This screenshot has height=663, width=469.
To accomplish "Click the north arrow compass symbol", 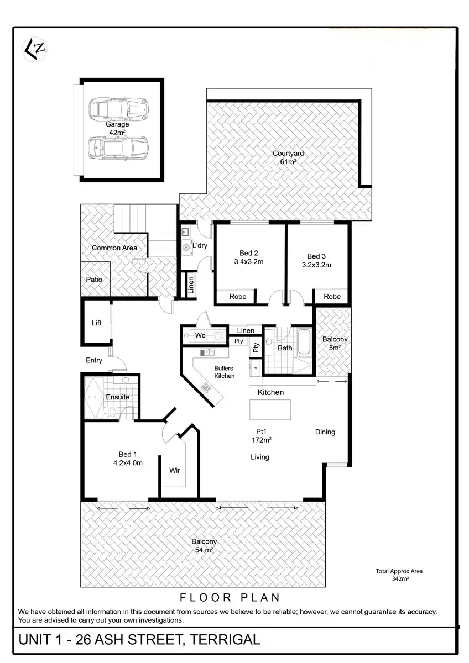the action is (35, 50).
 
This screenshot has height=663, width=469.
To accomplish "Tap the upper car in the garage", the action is (118, 107).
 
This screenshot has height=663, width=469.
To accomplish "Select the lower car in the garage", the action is (118, 148).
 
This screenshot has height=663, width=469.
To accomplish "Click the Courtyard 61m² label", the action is (288, 157).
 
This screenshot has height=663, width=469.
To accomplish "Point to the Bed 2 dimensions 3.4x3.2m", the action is (248, 262).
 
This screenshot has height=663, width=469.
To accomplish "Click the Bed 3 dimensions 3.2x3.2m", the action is (316, 265).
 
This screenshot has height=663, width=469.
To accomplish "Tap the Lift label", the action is (96, 323).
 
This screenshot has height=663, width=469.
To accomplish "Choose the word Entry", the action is (94, 360).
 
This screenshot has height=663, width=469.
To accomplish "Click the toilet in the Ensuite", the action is (112, 412).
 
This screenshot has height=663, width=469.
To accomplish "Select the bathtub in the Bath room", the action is (304, 342).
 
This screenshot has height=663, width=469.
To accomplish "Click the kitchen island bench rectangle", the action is (270, 409).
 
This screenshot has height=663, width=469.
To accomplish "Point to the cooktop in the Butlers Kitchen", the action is (205, 387).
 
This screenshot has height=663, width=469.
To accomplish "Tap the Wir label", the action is (175, 470).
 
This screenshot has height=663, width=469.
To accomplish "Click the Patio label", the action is (94, 280).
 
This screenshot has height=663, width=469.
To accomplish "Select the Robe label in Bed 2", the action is (238, 297).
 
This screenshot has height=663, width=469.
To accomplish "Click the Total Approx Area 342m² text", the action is (399, 575).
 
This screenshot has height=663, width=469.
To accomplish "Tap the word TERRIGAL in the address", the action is (225, 640).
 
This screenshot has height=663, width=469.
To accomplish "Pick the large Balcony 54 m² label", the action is (204, 545).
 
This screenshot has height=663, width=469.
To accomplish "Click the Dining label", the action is (325, 432).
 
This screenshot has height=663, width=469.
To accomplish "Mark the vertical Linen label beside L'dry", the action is (191, 285).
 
